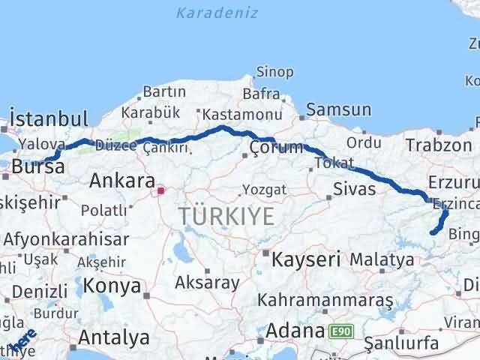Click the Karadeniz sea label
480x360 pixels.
pos(217,13)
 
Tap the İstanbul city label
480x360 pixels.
pos(49,118)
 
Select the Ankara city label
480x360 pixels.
pos(121,181)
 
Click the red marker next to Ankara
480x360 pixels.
pos(160,190)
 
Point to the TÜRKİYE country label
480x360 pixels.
pos(226,217)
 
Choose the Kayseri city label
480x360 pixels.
pos(305,259)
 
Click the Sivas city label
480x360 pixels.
pos(355,188)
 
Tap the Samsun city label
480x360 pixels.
pos(338,109)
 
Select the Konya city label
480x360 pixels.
pos(112,285)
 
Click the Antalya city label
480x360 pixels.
pos(113,336)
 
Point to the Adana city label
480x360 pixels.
pos(298,330)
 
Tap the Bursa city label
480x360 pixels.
pos(33,166)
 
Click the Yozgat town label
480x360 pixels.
pos(265,190)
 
